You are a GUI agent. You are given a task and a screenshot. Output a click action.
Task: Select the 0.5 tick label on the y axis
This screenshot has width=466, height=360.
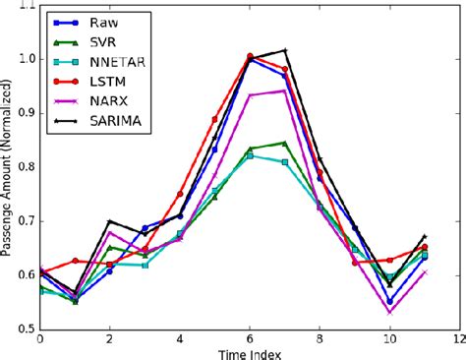pos(24,329)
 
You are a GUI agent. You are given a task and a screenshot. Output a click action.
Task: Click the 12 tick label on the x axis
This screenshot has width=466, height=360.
pos(460,337)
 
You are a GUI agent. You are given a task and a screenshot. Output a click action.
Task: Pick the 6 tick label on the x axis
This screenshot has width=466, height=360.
pos(250,337)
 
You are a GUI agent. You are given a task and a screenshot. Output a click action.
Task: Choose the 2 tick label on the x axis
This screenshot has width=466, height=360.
pos(109,337)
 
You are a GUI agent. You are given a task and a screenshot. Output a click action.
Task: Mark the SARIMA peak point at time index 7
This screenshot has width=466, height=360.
pos(285,50)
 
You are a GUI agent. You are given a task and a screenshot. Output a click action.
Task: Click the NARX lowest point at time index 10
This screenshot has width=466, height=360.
pos(390,312)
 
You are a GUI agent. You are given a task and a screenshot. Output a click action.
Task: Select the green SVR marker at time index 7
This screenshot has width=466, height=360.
pos(285,143)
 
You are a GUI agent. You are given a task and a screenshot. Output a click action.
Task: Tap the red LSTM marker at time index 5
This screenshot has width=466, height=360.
pos(214,119)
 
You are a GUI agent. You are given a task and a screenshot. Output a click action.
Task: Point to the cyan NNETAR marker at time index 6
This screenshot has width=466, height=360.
pos(250,155)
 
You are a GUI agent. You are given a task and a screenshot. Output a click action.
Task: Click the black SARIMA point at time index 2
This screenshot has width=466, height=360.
pos(109,221)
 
